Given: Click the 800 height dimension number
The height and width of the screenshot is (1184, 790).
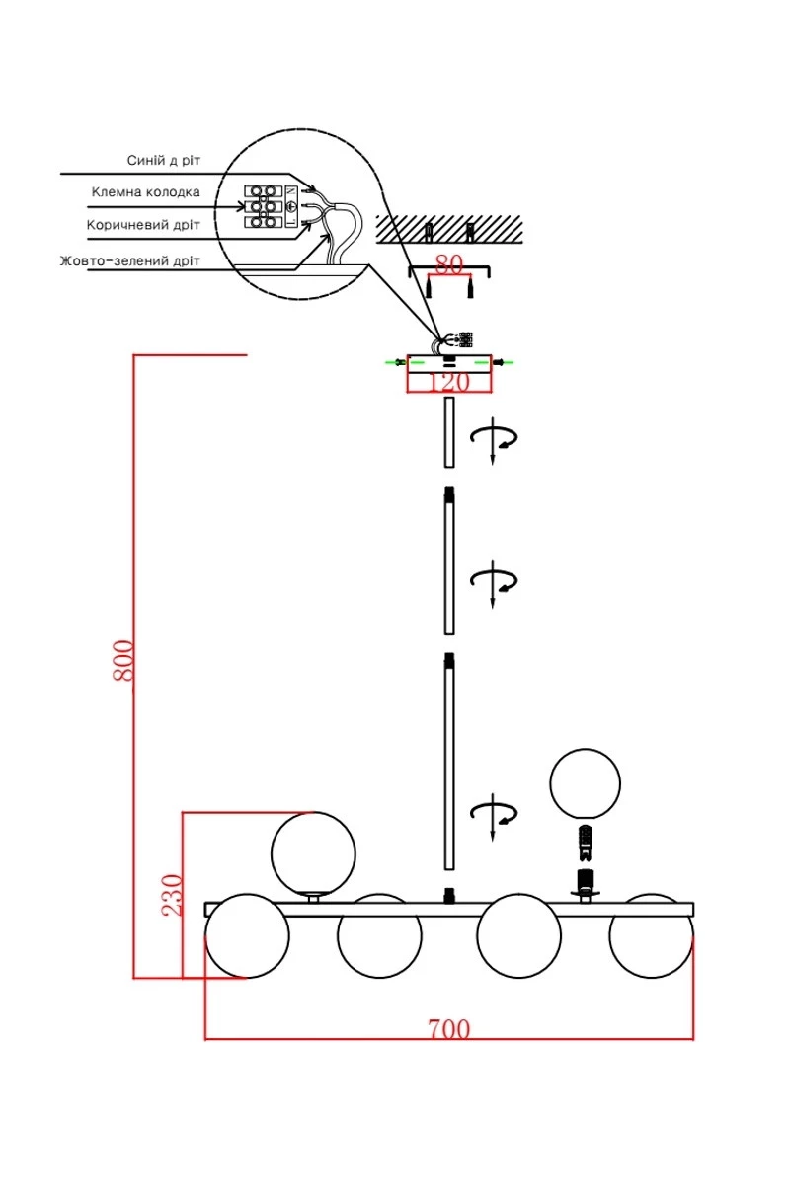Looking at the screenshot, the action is click(122, 660).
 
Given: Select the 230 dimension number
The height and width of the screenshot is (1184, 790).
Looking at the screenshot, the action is click(172, 895).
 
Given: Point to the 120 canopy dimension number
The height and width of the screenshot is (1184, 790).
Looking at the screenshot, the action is click(448, 382).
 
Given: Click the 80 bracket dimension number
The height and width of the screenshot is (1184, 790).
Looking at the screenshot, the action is click(448, 264).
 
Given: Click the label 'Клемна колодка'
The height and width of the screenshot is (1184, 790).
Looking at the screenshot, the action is click(145, 191).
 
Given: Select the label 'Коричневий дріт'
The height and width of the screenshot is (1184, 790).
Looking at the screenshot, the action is click(143, 225).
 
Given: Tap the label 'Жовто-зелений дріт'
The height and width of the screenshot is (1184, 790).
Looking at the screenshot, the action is click(129, 260).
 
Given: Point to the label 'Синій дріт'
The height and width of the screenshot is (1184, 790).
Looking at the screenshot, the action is click(164, 160).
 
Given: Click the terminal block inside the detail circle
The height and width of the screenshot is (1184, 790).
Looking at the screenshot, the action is click(262, 206).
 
